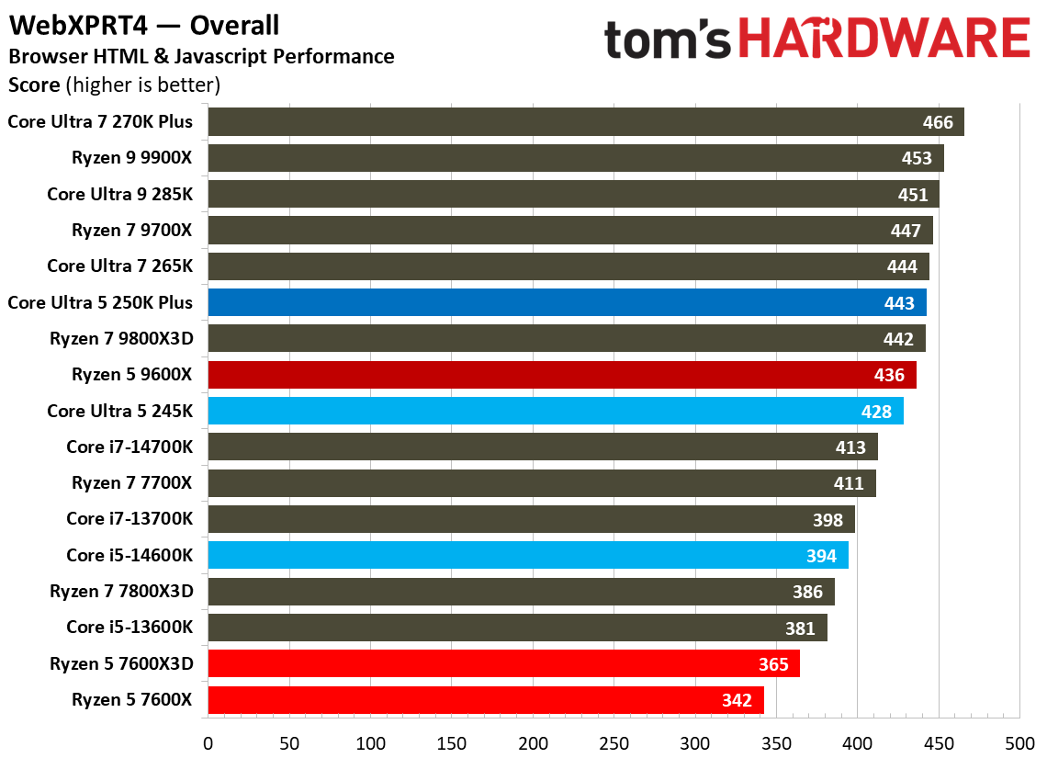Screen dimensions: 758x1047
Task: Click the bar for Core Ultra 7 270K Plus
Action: [x=586, y=122]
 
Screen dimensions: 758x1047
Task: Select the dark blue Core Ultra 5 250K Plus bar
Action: [x=567, y=303]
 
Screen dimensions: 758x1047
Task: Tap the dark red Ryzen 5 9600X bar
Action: [x=562, y=375]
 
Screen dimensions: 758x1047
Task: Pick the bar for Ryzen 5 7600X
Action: [x=486, y=699]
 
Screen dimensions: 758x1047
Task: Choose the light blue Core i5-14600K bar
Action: [x=528, y=555]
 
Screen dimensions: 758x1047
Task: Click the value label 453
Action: [x=917, y=159]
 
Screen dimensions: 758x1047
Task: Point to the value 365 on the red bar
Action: [x=773, y=663]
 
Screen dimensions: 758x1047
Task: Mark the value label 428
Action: [x=876, y=412]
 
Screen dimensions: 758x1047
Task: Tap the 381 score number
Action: [x=800, y=628]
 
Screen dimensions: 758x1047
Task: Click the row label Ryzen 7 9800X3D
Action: [x=121, y=339]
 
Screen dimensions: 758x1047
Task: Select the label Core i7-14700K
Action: [x=129, y=447]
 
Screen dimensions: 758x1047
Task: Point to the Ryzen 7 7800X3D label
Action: [x=121, y=592]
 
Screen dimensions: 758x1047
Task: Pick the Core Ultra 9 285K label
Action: [x=120, y=195]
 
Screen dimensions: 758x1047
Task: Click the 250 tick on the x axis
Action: [x=614, y=742]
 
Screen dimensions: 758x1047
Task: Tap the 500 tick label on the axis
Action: [x=1019, y=742]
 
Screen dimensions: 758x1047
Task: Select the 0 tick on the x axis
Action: [x=208, y=742]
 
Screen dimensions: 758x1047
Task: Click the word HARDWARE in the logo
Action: [x=883, y=40]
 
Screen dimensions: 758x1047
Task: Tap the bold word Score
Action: [x=33, y=86]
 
